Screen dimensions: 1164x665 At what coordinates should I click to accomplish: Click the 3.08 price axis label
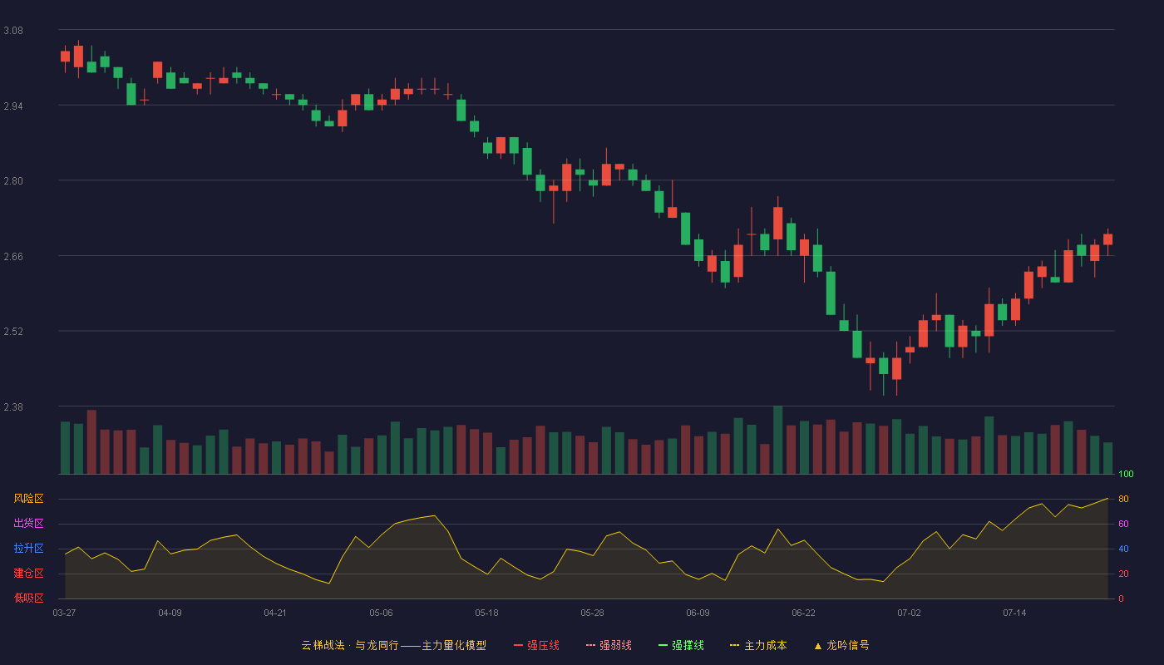click(x=13, y=31)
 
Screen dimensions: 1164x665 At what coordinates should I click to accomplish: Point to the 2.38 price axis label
click(x=13, y=406)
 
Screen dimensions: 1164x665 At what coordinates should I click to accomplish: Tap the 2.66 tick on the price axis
click(x=13, y=257)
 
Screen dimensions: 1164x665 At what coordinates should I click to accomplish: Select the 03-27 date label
click(x=65, y=613)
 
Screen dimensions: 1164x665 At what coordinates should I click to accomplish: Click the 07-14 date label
click(x=1014, y=613)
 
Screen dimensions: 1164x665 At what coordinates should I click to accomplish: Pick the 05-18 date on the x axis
click(x=486, y=613)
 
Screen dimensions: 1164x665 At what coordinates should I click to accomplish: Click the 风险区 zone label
click(x=28, y=499)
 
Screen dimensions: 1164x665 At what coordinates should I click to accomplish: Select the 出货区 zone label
click(x=28, y=523)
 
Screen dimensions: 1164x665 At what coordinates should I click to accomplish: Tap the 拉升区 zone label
click(x=28, y=548)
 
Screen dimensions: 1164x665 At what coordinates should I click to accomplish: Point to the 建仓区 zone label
click(x=28, y=573)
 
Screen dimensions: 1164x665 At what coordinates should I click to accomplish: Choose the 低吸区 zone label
click(x=28, y=598)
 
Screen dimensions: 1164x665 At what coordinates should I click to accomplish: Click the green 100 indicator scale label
click(x=1126, y=474)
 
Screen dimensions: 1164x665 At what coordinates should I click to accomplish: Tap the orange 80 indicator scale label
click(x=1123, y=499)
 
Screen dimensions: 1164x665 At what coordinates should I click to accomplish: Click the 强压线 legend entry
click(x=536, y=645)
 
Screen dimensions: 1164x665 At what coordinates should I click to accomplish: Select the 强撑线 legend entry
click(x=681, y=645)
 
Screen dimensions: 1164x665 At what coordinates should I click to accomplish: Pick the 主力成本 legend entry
click(x=758, y=645)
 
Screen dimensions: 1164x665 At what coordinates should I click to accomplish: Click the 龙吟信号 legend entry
click(x=841, y=645)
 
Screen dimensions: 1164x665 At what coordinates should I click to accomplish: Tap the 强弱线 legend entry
click(x=609, y=645)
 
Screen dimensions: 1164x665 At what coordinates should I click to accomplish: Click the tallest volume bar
click(x=778, y=440)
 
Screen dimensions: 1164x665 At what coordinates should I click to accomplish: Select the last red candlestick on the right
click(x=1107, y=239)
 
